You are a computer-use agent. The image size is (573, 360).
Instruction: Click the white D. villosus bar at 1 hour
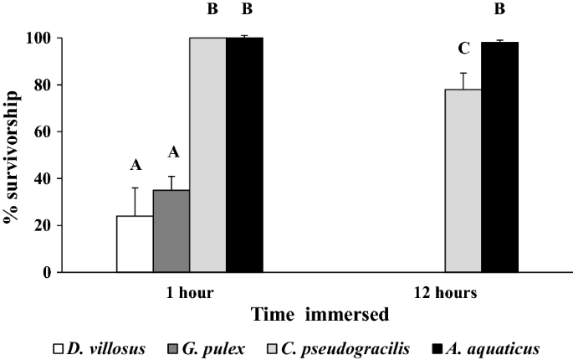pyautogui.click(x=134, y=244)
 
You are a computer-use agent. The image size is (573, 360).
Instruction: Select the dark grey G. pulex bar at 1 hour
pyautogui.click(x=171, y=236)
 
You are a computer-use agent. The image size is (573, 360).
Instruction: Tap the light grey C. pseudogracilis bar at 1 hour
pyautogui.click(x=207, y=155)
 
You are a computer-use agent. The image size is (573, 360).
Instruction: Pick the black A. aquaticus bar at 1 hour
pyautogui.click(x=244, y=155)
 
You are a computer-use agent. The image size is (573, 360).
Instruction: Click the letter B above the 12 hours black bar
pyautogui.click(x=499, y=10)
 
